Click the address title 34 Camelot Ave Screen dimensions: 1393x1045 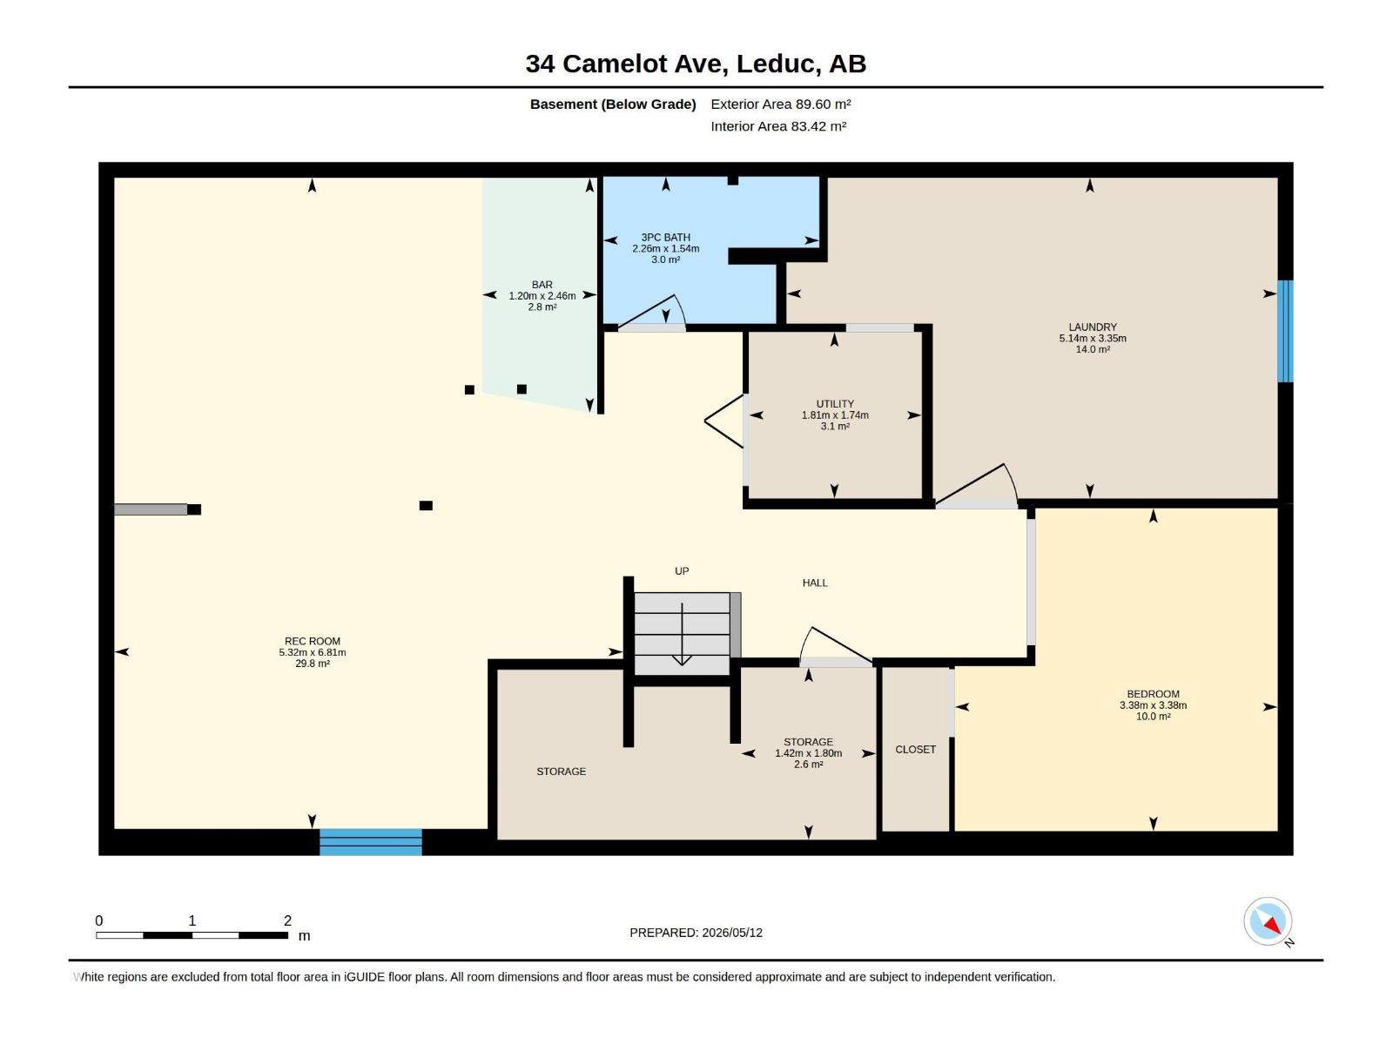(x=624, y=64)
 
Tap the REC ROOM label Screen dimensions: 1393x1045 (x=313, y=642)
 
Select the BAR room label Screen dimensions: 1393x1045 (x=542, y=285)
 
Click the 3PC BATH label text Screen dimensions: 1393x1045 (x=665, y=237)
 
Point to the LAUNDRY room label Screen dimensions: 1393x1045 (x=1092, y=327)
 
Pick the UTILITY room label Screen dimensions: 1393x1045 (x=835, y=404)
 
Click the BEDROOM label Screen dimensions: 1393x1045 (x=1153, y=694)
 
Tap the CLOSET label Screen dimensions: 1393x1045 (x=915, y=749)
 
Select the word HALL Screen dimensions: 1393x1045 (x=815, y=583)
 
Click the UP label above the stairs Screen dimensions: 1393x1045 (x=682, y=571)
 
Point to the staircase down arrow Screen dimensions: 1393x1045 (x=682, y=634)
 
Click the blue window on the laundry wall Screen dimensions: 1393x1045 (x=1285, y=331)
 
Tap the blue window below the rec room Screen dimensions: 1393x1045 (x=371, y=841)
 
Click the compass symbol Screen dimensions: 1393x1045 (x=1268, y=921)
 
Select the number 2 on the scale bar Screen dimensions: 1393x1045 (x=287, y=920)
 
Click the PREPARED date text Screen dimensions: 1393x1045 (x=696, y=933)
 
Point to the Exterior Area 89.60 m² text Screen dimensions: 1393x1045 (x=781, y=104)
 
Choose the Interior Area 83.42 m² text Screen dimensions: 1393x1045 (x=778, y=126)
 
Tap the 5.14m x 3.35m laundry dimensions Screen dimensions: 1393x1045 (x=1092, y=338)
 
